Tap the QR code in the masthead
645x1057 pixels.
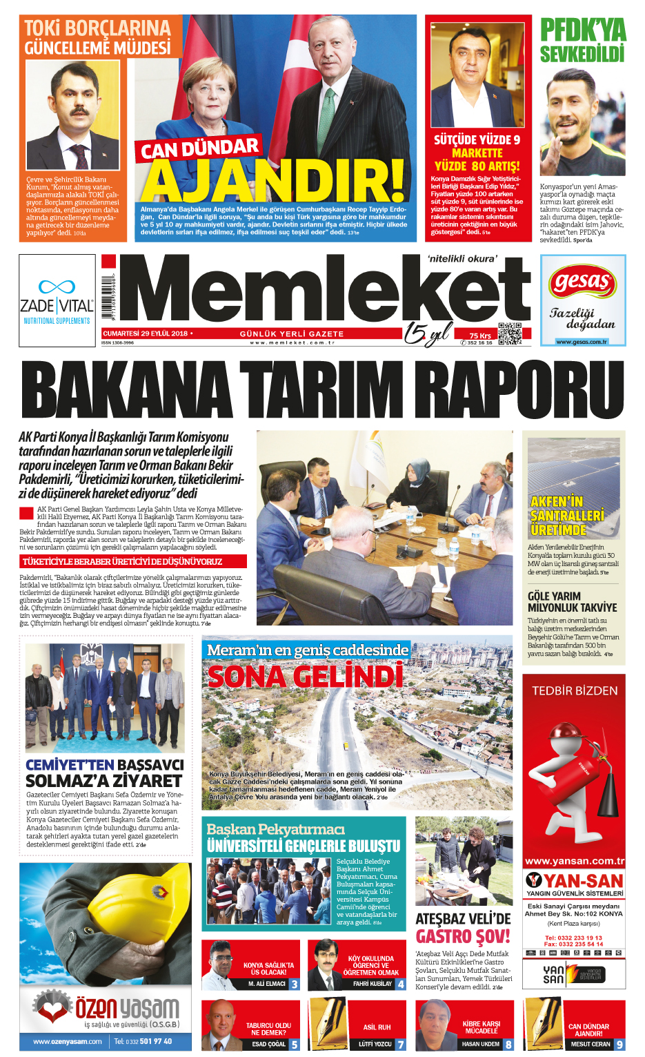pyautogui.click(x=510, y=333)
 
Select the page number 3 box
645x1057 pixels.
pyautogui.click(x=295, y=984)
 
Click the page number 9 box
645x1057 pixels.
pyautogui.click(x=619, y=1045)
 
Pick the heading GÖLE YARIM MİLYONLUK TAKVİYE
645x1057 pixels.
pyautogui.click(x=572, y=602)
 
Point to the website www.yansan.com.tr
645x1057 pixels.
pyautogui.click(x=574, y=861)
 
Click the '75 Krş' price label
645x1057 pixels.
pyautogui.click(x=480, y=336)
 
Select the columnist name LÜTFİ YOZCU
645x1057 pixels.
pyautogui.click(x=375, y=1045)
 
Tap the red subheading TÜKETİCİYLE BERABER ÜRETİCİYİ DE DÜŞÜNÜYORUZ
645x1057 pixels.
pyautogui.click(x=122, y=561)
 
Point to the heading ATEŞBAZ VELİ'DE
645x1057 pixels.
pyautogui.click(x=463, y=919)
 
